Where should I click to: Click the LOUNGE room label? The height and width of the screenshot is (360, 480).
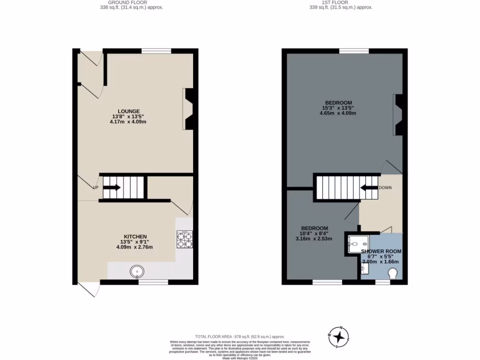129,111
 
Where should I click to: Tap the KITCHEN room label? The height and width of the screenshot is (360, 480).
135,236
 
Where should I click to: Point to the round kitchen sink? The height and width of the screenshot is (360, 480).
137,270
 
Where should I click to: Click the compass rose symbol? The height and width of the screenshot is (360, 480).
339,337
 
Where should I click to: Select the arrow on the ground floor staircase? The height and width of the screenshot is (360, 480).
112,188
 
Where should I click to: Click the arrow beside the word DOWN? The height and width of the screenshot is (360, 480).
368,188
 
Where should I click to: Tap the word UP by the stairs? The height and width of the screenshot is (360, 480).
96,188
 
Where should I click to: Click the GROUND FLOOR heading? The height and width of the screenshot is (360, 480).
131,2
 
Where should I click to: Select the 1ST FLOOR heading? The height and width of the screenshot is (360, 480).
341,2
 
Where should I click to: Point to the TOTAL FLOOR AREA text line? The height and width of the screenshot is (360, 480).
240,337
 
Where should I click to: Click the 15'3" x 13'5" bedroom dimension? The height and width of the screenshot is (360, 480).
338,108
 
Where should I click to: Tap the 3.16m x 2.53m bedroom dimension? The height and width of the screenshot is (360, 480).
316,239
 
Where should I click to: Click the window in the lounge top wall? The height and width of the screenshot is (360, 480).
156,51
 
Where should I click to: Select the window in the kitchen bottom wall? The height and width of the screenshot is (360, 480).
153,282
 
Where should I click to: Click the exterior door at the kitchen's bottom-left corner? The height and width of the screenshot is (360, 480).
90,289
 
